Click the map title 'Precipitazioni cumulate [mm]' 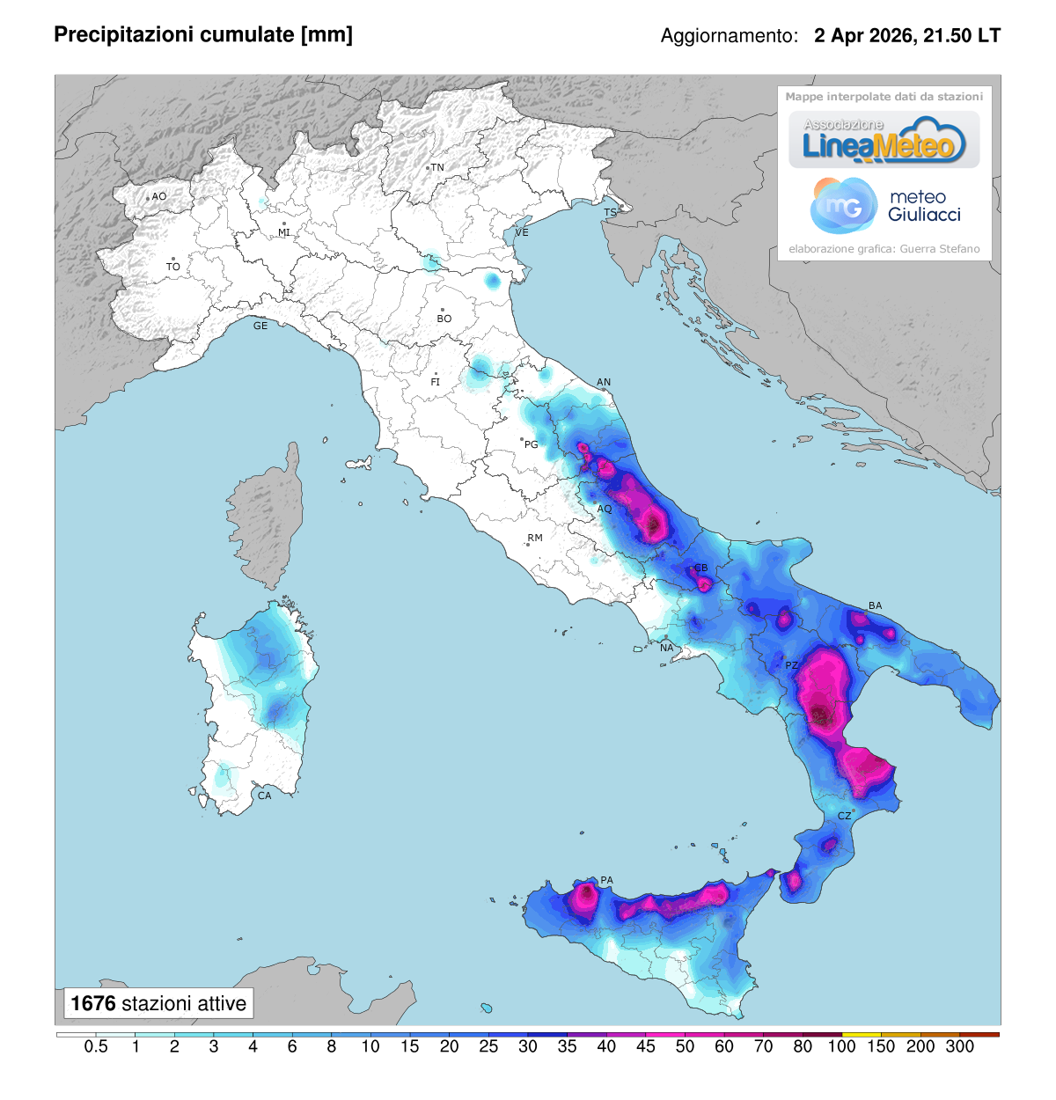click(x=203, y=34)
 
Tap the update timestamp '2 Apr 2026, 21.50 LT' click(x=906, y=36)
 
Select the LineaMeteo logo click(x=884, y=140)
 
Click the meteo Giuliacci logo click(x=884, y=206)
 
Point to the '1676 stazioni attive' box click(x=158, y=1003)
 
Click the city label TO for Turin click(x=173, y=267)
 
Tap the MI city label click(x=284, y=232)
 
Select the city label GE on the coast click(x=260, y=326)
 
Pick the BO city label click(x=444, y=319)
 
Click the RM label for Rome click(x=535, y=538)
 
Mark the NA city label click(x=667, y=648)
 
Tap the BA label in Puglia click(x=875, y=605)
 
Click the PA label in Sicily click(x=606, y=880)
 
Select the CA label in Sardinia click(x=264, y=796)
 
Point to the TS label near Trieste click(x=610, y=213)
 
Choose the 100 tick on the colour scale click(x=842, y=1046)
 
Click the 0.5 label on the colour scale click(x=96, y=1046)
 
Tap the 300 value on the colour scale click(x=960, y=1046)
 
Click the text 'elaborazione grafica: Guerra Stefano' click(x=884, y=249)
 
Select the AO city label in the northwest click(x=159, y=196)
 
